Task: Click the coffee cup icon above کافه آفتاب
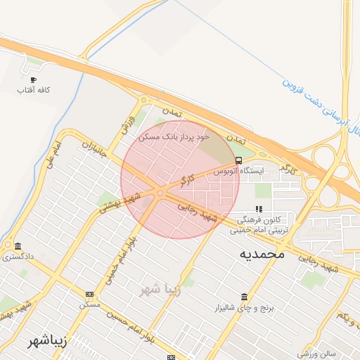[32, 80]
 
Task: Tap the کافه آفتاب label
[32, 91]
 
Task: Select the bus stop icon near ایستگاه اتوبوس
[239, 160]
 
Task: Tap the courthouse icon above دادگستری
[17, 246]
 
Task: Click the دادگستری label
[18, 257]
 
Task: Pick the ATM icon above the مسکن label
[89, 294]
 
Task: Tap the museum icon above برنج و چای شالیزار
[243, 297]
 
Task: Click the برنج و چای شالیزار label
[243, 308]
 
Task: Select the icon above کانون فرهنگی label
[259, 209]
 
